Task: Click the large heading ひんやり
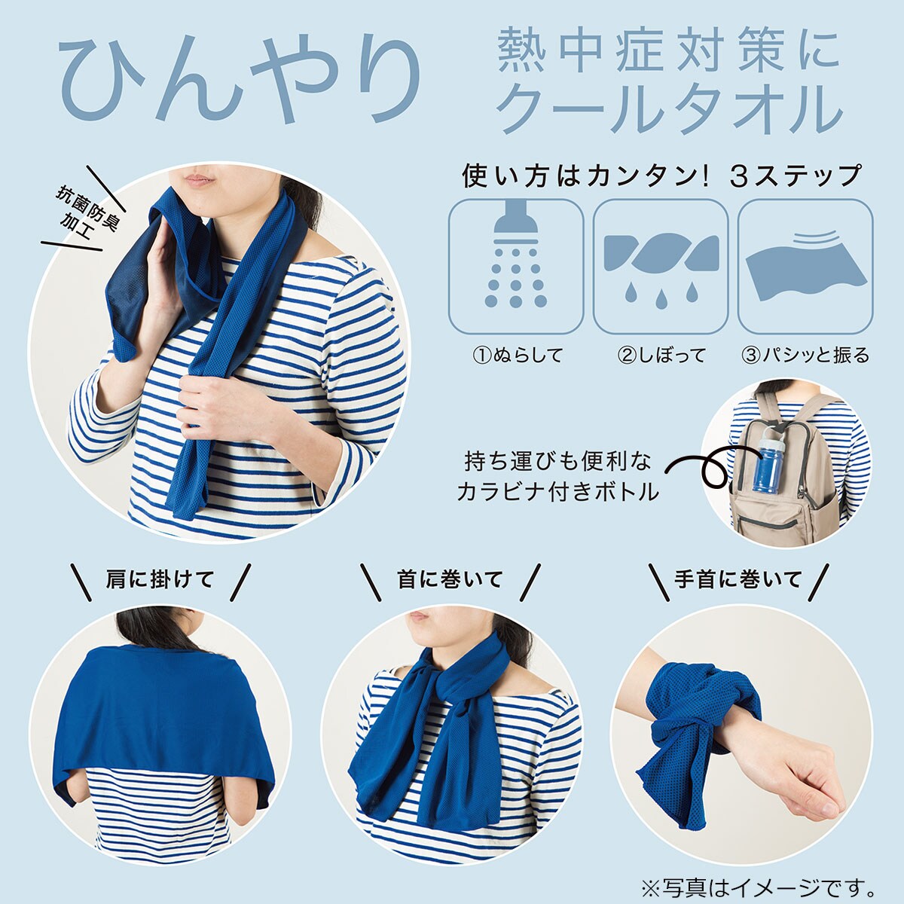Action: coord(240,83)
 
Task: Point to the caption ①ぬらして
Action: coord(517,355)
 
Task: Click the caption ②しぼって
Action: coord(661,355)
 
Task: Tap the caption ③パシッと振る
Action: coord(805,355)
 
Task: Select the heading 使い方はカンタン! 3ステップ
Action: coord(661,176)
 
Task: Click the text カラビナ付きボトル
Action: coord(557,492)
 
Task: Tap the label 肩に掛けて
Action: coord(160,580)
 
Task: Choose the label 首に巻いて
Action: coord(450,580)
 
